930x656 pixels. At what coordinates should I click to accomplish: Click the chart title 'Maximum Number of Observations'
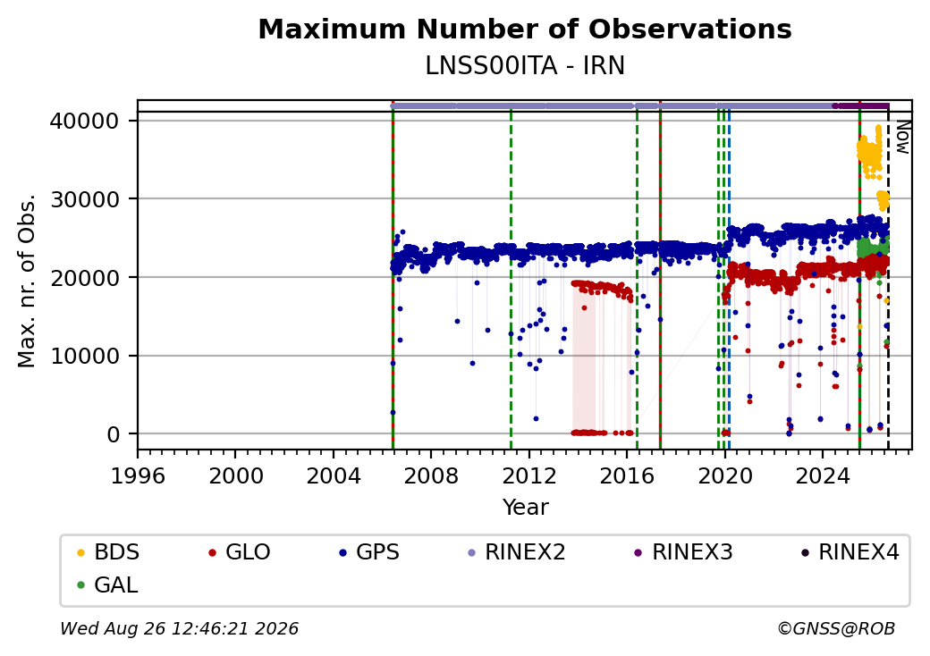525,29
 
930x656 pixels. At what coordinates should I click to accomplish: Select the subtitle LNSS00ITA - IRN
525,66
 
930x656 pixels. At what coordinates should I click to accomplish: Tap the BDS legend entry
109,552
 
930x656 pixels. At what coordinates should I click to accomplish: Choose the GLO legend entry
241,552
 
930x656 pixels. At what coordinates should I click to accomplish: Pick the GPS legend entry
370,552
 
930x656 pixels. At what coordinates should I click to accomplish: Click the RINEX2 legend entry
517,552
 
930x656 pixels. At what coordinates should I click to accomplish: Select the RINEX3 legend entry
683,552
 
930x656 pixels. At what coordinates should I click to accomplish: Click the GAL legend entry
108,585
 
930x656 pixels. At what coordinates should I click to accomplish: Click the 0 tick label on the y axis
114,434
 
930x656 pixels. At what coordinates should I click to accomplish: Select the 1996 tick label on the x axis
139,475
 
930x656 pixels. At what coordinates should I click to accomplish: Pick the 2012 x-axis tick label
528,475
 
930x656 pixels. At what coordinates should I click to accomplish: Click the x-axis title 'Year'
526,508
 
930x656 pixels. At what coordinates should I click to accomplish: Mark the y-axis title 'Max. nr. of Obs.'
27,281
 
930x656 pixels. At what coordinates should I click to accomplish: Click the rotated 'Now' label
902,137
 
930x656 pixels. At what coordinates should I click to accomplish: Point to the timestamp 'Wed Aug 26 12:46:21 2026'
180,628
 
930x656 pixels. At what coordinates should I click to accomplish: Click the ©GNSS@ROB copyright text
836,628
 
